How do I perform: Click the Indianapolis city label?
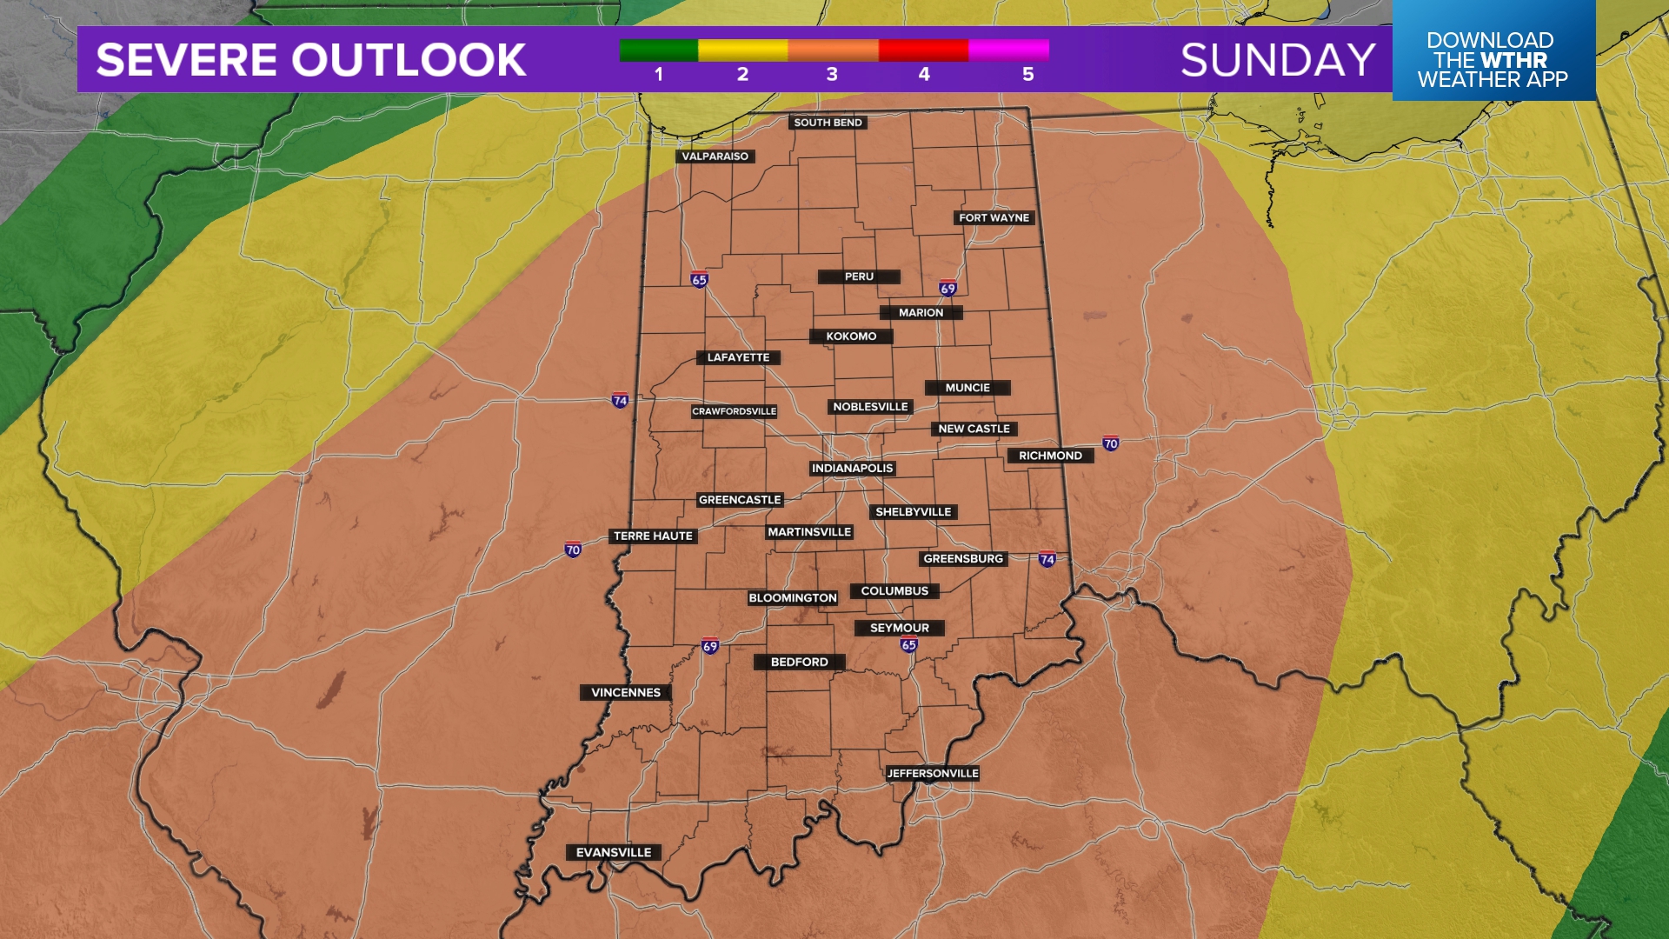[x=852, y=469]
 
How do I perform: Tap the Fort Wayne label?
[x=994, y=218]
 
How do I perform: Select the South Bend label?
[x=828, y=123]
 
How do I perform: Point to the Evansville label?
[x=613, y=853]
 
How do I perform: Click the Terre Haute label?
[x=653, y=536]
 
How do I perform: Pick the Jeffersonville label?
[x=933, y=774]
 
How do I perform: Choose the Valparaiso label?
[x=715, y=156]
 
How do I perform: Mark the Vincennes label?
[x=626, y=693]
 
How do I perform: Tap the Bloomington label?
[x=793, y=598]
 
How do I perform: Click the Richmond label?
[x=1050, y=456]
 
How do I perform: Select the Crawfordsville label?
[x=735, y=412]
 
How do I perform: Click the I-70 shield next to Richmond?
[x=1111, y=443]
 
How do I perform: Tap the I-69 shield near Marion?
[x=948, y=289]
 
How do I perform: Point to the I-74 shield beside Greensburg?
[x=1047, y=559]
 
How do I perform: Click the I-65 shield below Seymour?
[x=909, y=645]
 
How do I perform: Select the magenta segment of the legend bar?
[x=1008, y=50]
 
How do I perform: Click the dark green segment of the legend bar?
[x=658, y=50]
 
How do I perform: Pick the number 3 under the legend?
[x=832, y=75]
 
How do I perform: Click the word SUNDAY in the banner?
[x=1278, y=60]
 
